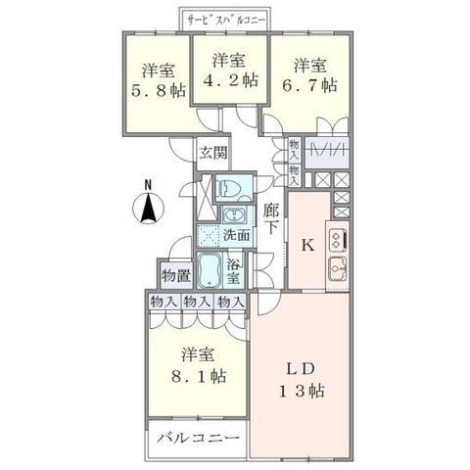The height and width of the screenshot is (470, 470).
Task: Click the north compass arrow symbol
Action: pyautogui.click(x=148, y=208)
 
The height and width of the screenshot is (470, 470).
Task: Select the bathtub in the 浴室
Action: pyautogui.click(x=210, y=270)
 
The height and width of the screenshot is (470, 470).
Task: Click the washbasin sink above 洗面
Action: pyautogui.click(x=233, y=215)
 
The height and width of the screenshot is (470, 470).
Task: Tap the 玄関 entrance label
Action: pyautogui.click(x=213, y=153)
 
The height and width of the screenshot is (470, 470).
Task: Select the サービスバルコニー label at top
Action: pyautogui.click(x=225, y=20)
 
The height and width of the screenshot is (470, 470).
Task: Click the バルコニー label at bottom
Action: pyautogui.click(x=198, y=438)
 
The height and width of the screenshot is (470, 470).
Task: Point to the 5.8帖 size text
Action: pyautogui.click(x=159, y=91)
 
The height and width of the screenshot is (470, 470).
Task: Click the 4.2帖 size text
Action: pyautogui.click(x=231, y=80)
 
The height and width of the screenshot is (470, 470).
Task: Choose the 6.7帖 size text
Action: pyautogui.click(x=310, y=86)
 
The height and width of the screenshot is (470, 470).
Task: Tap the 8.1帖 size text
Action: pyautogui.click(x=199, y=376)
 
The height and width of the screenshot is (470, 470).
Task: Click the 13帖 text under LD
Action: pyautogui.click(x=301, y=391)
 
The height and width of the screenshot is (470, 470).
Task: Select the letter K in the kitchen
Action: pyautogui.click(x=307, y=245)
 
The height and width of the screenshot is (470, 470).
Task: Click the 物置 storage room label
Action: pyautogui.click(x=176, y=276)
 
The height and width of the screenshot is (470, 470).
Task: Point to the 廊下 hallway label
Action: pyautogui.click(x=271, y=218)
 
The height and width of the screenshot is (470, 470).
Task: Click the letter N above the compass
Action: pyautogui.click(x=148, y=185)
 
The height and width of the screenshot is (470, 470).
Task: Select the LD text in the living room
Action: pyautogui.click(x=301, y=369)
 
